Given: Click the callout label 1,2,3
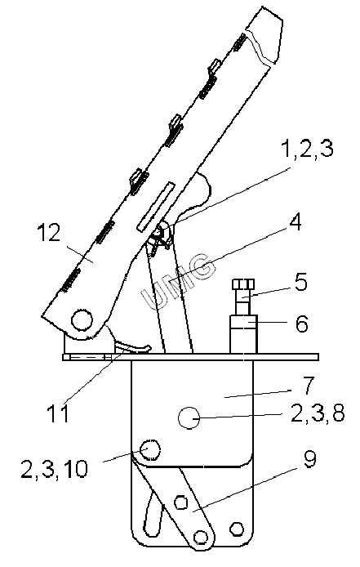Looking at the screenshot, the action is click(307, 149).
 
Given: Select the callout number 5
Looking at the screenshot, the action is click(300, 282).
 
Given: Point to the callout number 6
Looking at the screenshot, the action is click(301, 324).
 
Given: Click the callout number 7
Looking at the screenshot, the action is click(308, 386).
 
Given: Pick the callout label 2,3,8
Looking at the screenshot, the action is click(318, 413).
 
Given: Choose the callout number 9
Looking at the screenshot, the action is click(309, 459).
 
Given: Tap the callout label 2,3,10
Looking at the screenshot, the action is click(54, 469).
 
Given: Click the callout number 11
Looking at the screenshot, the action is click(57, 413).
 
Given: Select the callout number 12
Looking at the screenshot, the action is click(49, 233).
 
